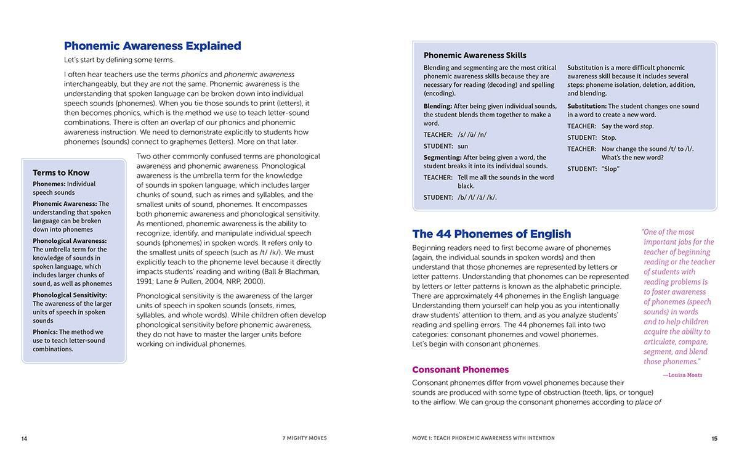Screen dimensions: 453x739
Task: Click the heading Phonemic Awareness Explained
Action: point(152,46)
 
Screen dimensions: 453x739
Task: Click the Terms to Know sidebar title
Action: point(61,173)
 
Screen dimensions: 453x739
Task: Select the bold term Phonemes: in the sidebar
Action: point(49,184)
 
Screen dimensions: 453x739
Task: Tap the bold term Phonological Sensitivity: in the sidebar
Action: point(70,295)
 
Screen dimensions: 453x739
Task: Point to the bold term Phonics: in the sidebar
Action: point(45,332)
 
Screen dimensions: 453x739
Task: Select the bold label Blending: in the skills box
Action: point(438,106)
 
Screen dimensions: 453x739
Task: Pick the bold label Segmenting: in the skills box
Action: point(442,157)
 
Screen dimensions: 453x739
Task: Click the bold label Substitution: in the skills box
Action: point(587,106)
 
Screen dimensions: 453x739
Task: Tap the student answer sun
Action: point(462,146)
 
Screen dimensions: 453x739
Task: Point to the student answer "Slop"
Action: point(610,169)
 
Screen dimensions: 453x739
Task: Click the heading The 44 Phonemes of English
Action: point(491,234)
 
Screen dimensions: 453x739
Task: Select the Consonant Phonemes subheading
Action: point(460,370)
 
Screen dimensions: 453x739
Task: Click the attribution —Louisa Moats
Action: point(682,375)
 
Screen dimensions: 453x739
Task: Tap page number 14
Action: point(24,439)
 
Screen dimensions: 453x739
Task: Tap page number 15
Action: point(714,439)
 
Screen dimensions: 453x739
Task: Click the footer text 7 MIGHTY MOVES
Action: point(305,438)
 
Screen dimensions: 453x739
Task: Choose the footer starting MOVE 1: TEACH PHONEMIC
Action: point(483,438)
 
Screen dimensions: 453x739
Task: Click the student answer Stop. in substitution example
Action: point(608,137)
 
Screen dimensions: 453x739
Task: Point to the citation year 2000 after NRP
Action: point(254,281)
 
